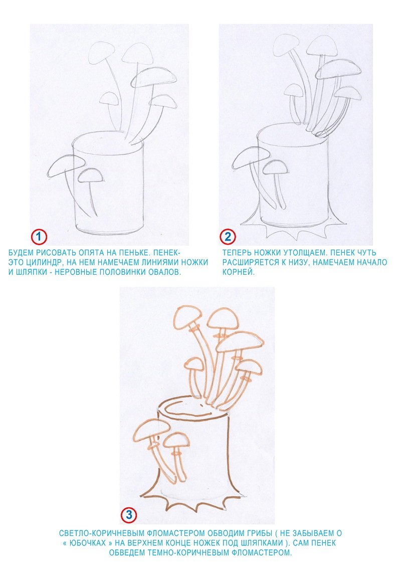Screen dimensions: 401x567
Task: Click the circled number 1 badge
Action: pyautogui.click(x=38, y=237)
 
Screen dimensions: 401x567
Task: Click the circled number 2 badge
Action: pyautogui.click(x=228, y=237)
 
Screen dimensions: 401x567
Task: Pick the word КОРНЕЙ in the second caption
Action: pyautogui.click(x=239, y=272)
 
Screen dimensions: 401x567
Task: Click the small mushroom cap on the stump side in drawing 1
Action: pyautogui.click(x=90, y=175)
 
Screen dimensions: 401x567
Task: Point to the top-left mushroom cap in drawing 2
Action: pyautogui.click(x=286, y=45)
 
